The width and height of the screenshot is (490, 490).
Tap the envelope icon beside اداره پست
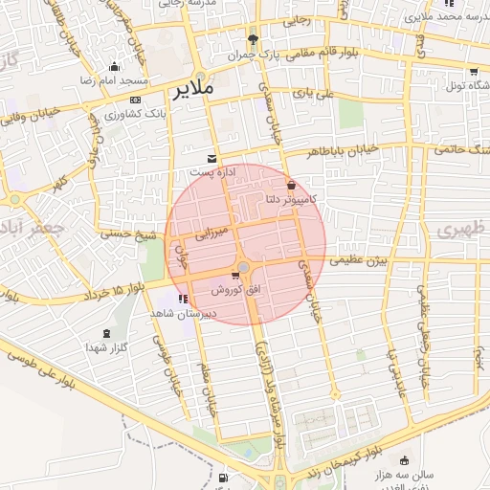tap(212, 157)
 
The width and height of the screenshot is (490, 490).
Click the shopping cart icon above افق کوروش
tap(235, 277)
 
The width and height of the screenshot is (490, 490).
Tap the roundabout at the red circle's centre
tap(245, 267)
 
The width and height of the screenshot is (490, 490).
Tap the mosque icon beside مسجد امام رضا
tap(114, 67)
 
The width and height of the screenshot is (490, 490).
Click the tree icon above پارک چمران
tap(253, 39)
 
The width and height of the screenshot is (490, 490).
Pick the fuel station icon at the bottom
tap(223, 477)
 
